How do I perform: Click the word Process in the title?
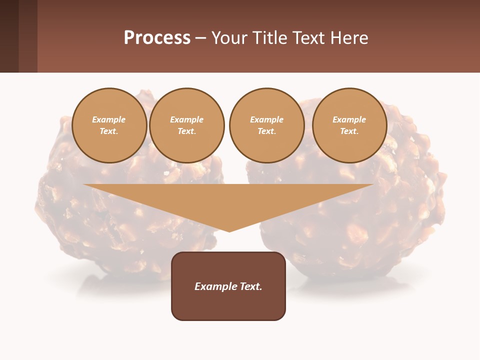(x=157, y=38)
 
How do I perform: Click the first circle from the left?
(x=109, y=125)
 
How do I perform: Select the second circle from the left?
(x=187, y=125)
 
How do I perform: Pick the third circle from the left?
(x=267, y=125)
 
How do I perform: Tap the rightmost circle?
(x=349, y=125)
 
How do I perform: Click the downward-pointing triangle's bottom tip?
(x=229, y=230)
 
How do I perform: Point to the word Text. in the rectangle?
(x=251, y=286)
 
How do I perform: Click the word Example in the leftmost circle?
(x=109, y=119)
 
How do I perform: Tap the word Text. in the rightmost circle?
(x=349, y=131)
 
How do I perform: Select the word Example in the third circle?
(x=267, y=119)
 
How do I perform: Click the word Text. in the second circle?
(x=187, y=131)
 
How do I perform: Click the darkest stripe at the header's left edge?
(x=9, y=36)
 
